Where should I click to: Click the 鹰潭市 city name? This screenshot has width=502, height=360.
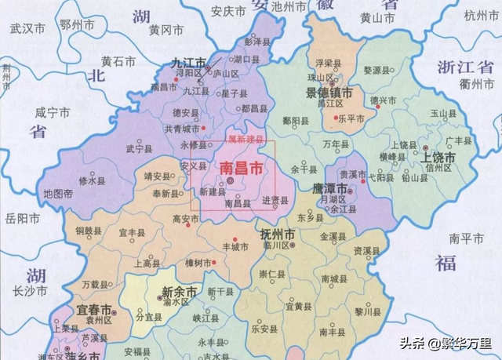point(334,190)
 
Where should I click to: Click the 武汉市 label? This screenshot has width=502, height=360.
point(28,28)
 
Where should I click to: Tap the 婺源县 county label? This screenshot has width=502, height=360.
point(377,71)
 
